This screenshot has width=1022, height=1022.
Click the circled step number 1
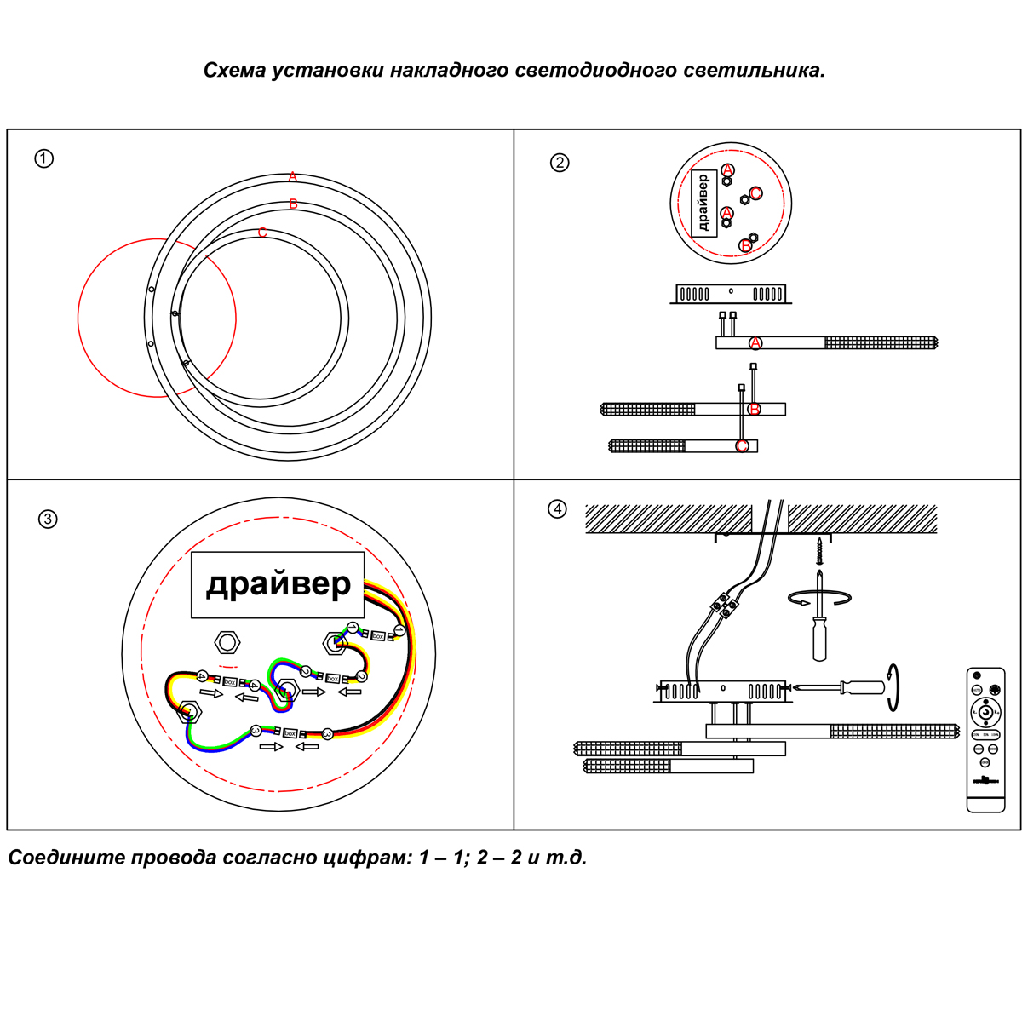[43, 158]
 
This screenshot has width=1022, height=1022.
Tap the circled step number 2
[560, 163]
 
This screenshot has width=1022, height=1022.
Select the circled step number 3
[48, 519]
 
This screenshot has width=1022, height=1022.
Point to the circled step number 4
[557, 509]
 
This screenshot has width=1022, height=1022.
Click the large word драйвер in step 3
[278, 584]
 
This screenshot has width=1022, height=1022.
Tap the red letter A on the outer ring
[292, 177]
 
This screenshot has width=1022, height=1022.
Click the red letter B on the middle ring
[293, 204]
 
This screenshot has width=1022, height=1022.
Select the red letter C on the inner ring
[262, 233]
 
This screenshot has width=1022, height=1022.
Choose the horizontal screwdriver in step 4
[843, 686]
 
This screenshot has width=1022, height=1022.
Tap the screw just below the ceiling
[819, 551]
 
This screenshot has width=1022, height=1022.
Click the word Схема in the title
[234, 70]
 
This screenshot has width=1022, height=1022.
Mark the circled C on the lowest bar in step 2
[742, 446]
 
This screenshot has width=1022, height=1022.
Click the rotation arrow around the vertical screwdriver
[819, 598]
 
